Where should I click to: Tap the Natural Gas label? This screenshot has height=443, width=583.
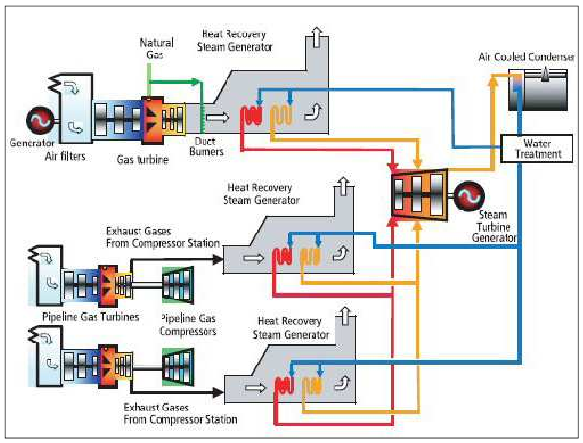(157, 48)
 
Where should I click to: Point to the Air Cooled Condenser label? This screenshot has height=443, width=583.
(527, 57)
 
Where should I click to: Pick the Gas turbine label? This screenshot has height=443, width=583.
(144, 160)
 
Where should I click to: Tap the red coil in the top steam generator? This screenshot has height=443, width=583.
(251, 116)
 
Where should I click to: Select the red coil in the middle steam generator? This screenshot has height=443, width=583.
(282, 255)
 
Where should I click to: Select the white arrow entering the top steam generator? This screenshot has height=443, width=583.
(219, 117)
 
